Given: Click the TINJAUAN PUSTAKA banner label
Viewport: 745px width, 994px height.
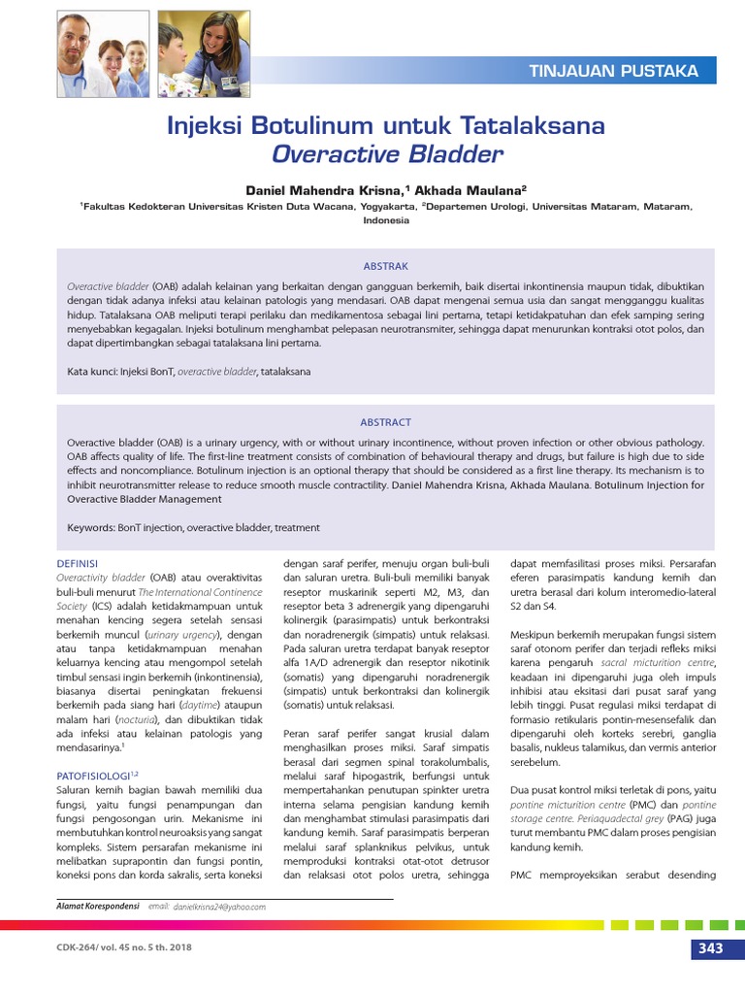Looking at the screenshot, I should [613, 71].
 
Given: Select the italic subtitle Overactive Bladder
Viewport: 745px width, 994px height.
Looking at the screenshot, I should [387, 153].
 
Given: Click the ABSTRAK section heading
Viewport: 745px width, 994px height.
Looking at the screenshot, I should [385, 266].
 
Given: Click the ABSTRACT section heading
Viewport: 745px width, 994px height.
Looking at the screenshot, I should [385, 422].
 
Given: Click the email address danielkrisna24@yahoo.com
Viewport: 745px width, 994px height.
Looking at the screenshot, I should [219, 907].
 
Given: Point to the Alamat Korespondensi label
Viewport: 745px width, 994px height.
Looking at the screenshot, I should [97, 907].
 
